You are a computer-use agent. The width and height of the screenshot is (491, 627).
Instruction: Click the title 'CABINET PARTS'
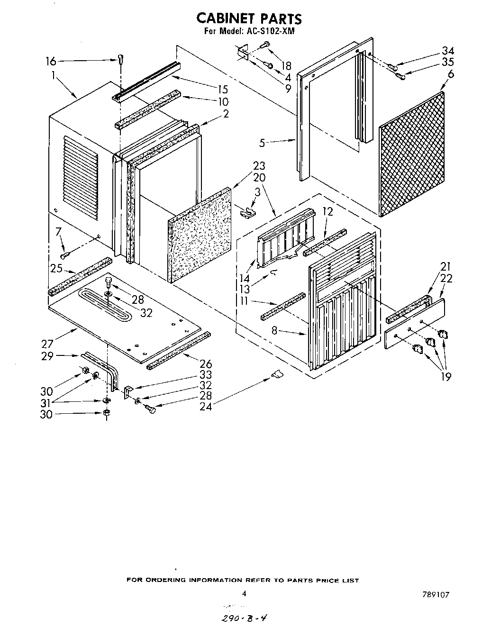(248, 18)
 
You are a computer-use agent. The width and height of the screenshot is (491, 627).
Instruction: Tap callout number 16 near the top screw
(51, 61)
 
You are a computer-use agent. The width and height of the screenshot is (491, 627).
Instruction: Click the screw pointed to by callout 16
(120, 59)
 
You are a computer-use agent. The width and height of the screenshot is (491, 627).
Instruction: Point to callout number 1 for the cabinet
(53, 74)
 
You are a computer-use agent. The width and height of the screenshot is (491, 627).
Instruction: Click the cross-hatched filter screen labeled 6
(412, 154)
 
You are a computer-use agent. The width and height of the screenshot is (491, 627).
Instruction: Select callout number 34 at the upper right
(448, 51)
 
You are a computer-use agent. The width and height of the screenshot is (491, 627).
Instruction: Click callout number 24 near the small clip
(206, 406)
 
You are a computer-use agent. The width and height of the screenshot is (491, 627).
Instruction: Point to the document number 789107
(436, 594)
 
